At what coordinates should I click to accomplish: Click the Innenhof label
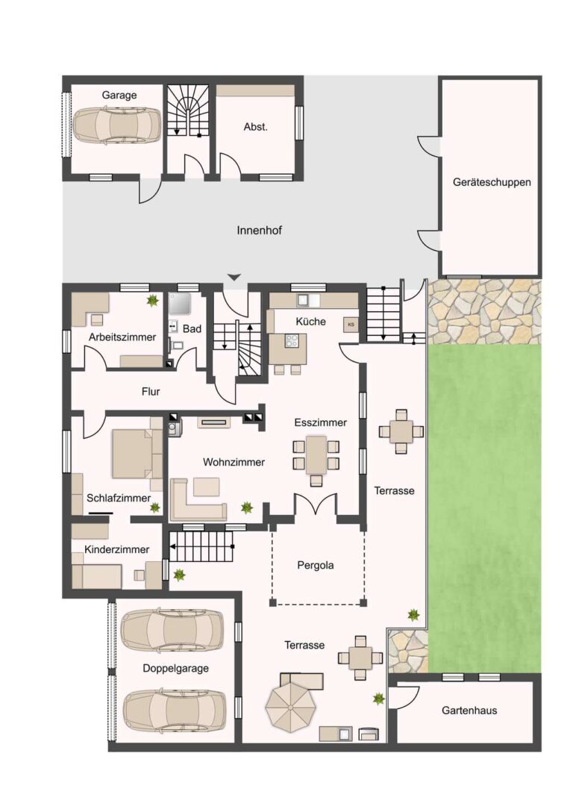tap(259, 231)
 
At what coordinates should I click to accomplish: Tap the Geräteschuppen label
tap(492, 182)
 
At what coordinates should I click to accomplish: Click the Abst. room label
tap(255, 126)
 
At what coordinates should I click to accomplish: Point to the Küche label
tap(310, 321)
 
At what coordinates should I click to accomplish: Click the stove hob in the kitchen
tap(292, 340)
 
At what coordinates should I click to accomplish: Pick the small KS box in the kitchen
tap(351, 325)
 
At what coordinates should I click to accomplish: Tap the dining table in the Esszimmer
tap(316, 455)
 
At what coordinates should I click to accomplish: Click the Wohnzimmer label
tap(234, 462)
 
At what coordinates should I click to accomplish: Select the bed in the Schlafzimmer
tap(137, 454)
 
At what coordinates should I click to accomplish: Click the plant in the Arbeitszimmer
tap(152, 302)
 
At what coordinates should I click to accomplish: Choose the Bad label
tap(192, 328)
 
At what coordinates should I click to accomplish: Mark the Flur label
tap(151, 392)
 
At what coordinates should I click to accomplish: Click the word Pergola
tap(315, 566)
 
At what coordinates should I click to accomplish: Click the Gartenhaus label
tap(469, 710)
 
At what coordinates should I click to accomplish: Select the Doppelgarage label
tap(175, 669)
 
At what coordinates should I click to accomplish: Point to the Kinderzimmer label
tap(116, 549)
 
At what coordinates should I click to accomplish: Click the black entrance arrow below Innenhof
tap(234, 278)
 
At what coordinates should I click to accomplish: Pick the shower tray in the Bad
tap(181, 304)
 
